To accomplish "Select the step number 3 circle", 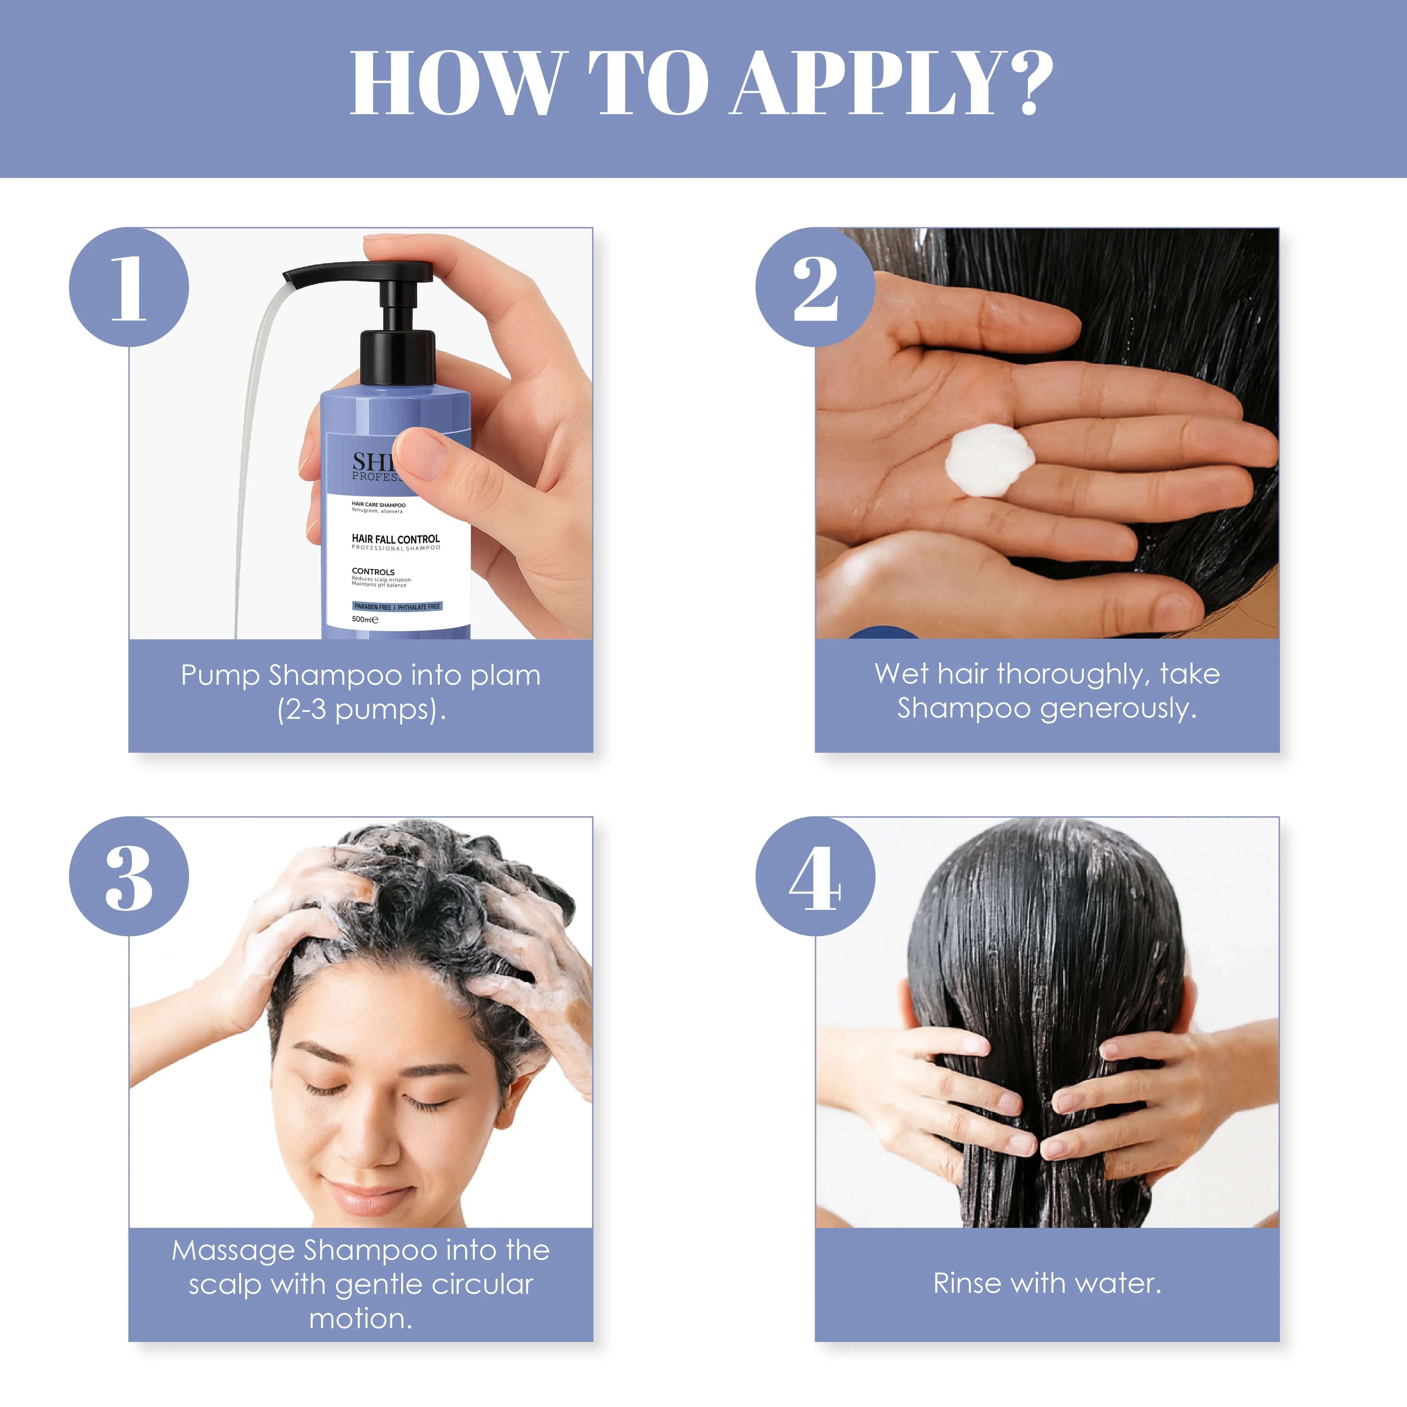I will pyautogui.click(x=129, y=876).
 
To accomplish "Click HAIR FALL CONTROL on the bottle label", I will pyautogui.click(x=396, y=539).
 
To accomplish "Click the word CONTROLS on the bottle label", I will pyautogui.click(x=373, y=572).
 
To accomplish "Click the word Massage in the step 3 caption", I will pyautogui.click(x=233, y=1250).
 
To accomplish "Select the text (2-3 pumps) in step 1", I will pyautogui.click(x=361, y=709).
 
